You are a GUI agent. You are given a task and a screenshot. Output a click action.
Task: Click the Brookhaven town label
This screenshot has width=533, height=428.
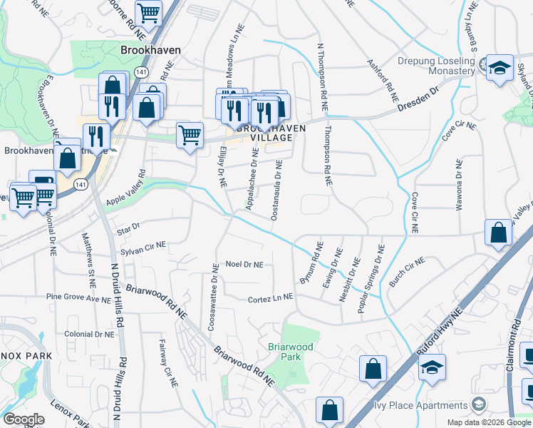[x=150, y=51]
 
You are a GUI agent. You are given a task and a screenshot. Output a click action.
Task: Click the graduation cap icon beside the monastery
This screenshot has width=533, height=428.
[x=500, y=69]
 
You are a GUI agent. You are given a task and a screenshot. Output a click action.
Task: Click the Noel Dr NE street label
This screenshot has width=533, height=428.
[x=244, y=265]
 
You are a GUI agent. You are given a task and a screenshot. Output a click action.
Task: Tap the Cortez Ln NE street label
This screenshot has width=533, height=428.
[x=271, y=300]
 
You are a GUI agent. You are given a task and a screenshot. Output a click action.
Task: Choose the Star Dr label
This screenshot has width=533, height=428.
[x=132, y=225]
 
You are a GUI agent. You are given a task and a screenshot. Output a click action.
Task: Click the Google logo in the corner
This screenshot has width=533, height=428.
[x=24, y=419]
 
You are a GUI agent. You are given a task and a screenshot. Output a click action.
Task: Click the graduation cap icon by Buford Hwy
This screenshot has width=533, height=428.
[x=432, y=367]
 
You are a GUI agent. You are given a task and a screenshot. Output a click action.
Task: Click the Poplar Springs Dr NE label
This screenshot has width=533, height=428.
[x=371, y=274]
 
